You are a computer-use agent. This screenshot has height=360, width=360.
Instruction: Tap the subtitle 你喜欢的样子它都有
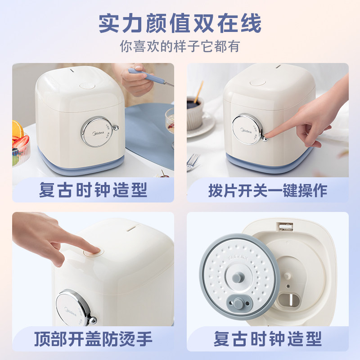(180, 47)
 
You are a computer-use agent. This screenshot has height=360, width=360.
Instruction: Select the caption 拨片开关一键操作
(267, 190)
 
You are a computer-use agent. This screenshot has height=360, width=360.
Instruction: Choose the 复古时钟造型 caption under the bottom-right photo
(267, 338)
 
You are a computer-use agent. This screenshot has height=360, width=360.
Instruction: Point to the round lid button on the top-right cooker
(257, 82)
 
